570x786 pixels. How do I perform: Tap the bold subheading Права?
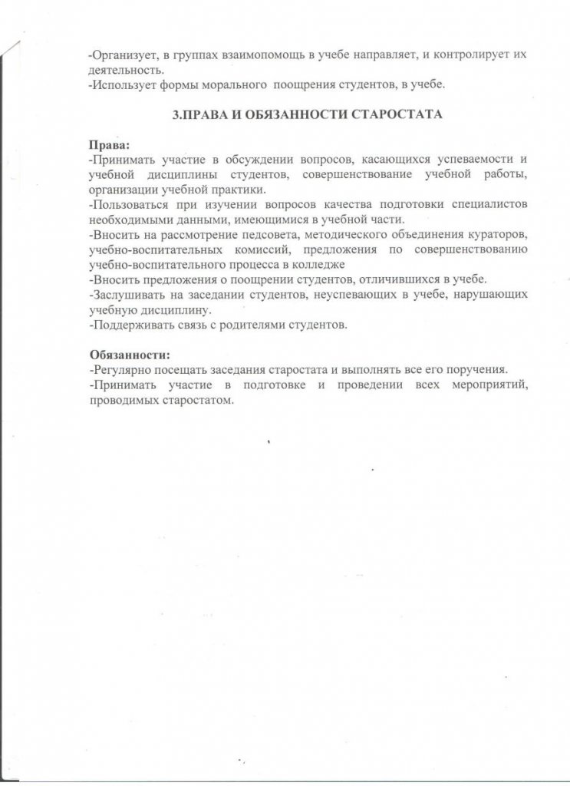tap(109, 146)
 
